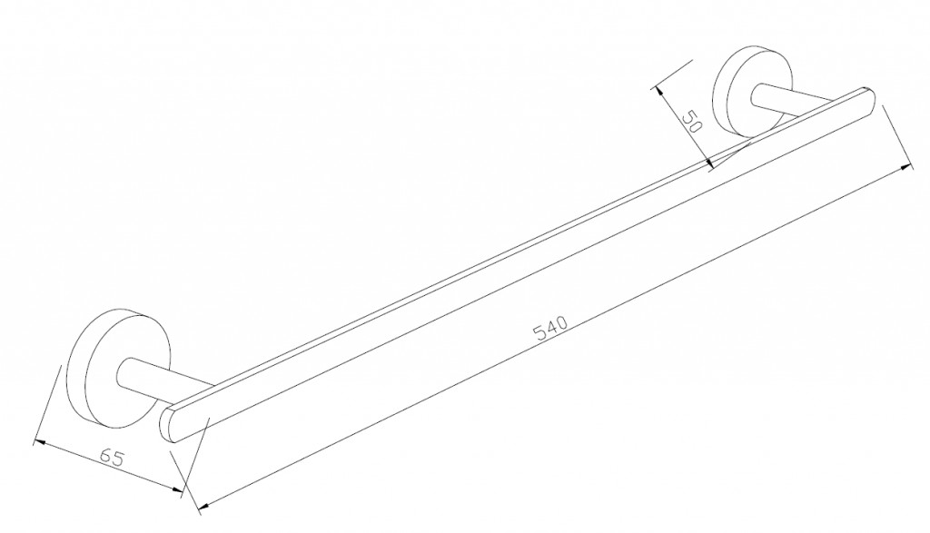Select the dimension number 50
pyautogui.click(x=692, y=123)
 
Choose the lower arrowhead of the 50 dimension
pyautogui.click(x=710, y=165)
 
